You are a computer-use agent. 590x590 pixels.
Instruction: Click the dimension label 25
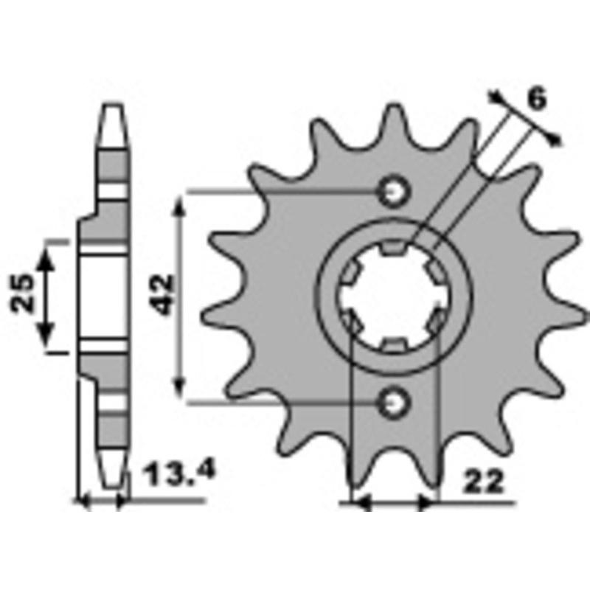22,294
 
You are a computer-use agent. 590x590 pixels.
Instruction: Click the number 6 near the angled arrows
538,98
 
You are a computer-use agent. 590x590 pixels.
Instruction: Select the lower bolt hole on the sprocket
392,402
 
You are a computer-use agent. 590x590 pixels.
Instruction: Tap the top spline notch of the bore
392,252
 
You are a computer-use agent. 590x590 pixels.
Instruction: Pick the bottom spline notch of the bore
392,344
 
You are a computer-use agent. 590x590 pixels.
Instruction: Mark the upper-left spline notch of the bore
350,274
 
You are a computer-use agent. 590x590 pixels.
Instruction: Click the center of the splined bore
392,297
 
